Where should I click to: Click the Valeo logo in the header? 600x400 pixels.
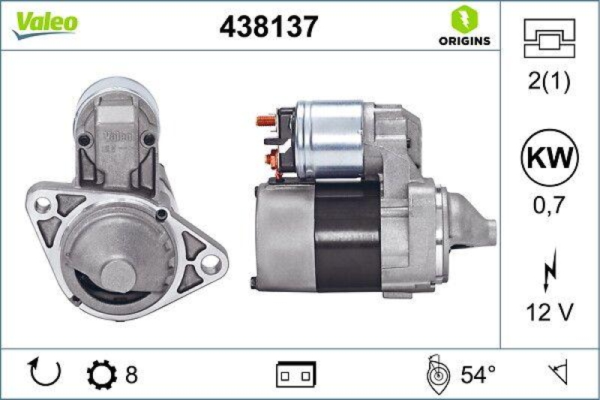point(43,23)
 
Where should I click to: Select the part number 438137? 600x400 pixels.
point(268,27)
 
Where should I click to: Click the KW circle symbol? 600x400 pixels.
point(550,158)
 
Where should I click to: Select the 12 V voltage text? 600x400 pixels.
point(550,312)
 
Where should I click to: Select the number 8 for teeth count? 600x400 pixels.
point(131,372)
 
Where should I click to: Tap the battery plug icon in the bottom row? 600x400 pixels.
point(296,373)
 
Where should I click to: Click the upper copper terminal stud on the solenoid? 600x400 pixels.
point(264,120)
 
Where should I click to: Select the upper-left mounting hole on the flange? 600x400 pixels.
point(43,203)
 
